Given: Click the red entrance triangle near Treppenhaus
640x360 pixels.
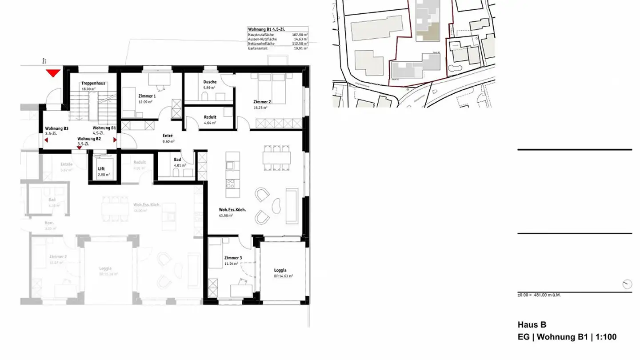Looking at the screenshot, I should coord(53,73).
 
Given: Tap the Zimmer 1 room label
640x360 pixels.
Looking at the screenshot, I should coord(147,96).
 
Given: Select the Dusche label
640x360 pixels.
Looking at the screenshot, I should coord(210,82).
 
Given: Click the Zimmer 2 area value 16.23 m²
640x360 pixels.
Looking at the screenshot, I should coord(260,108).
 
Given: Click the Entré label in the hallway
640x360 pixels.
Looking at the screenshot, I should coord(168,136).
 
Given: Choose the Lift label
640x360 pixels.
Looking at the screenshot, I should coord(101,169).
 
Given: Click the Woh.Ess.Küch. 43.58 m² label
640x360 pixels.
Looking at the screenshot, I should coord(232,212).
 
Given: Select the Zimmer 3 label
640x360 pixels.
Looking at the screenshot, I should coord(233,258).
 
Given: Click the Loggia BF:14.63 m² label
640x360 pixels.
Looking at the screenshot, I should coord(280,273).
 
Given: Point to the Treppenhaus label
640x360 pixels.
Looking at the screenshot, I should coord(92,83).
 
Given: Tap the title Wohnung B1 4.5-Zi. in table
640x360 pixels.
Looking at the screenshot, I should coord(267,29).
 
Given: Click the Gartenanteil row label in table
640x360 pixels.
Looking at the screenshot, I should coord(258,48).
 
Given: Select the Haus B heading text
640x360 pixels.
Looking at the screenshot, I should coord(532,325).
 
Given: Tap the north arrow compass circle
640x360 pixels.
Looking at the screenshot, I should coord(627,284).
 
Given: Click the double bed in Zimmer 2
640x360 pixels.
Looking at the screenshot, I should coord(272,84).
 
